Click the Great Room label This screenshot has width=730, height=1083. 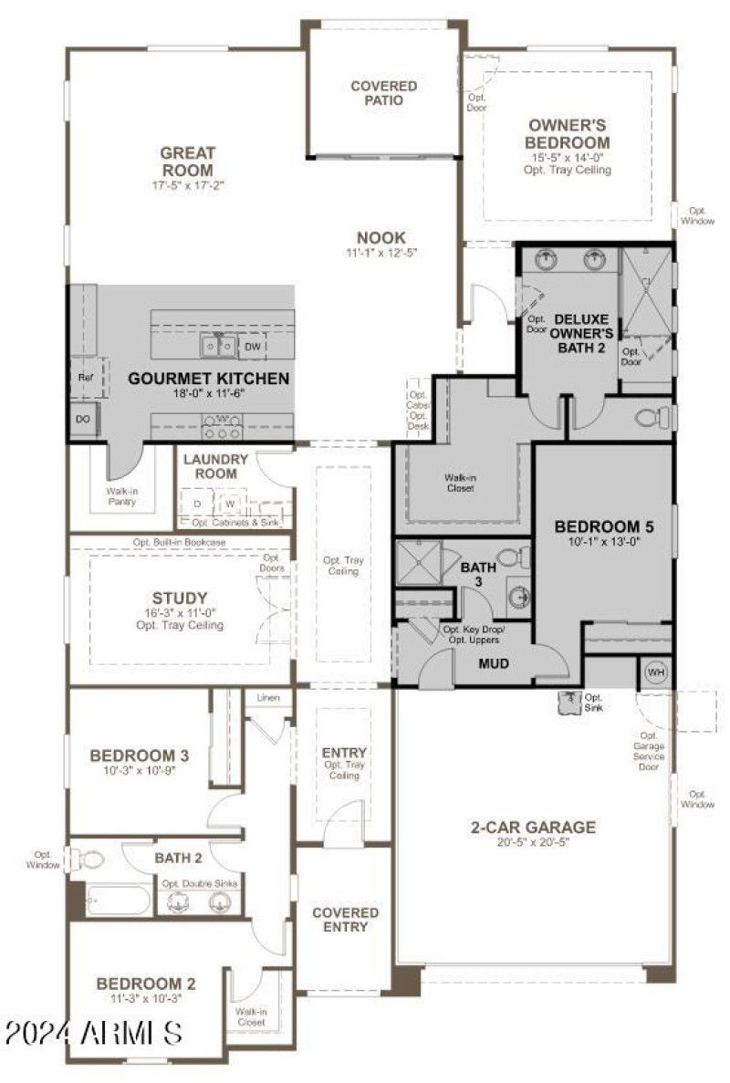coord(187,161)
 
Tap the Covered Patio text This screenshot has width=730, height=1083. coord(383,93)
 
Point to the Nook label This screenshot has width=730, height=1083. coord(381,237)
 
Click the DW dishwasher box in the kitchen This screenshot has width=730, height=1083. coord(253,347)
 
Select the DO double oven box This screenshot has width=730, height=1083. coord(82,420)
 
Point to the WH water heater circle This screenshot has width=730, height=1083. coord(655,672)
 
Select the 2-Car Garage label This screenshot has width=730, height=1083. coord(533,828)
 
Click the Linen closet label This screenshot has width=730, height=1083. coord(268,698)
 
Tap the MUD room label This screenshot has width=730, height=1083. coord(494,663)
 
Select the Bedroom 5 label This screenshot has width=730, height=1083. coord(603,526)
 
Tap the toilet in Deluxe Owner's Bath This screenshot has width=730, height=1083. coord(652,418)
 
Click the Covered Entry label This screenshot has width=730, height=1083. coord(346,920)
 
